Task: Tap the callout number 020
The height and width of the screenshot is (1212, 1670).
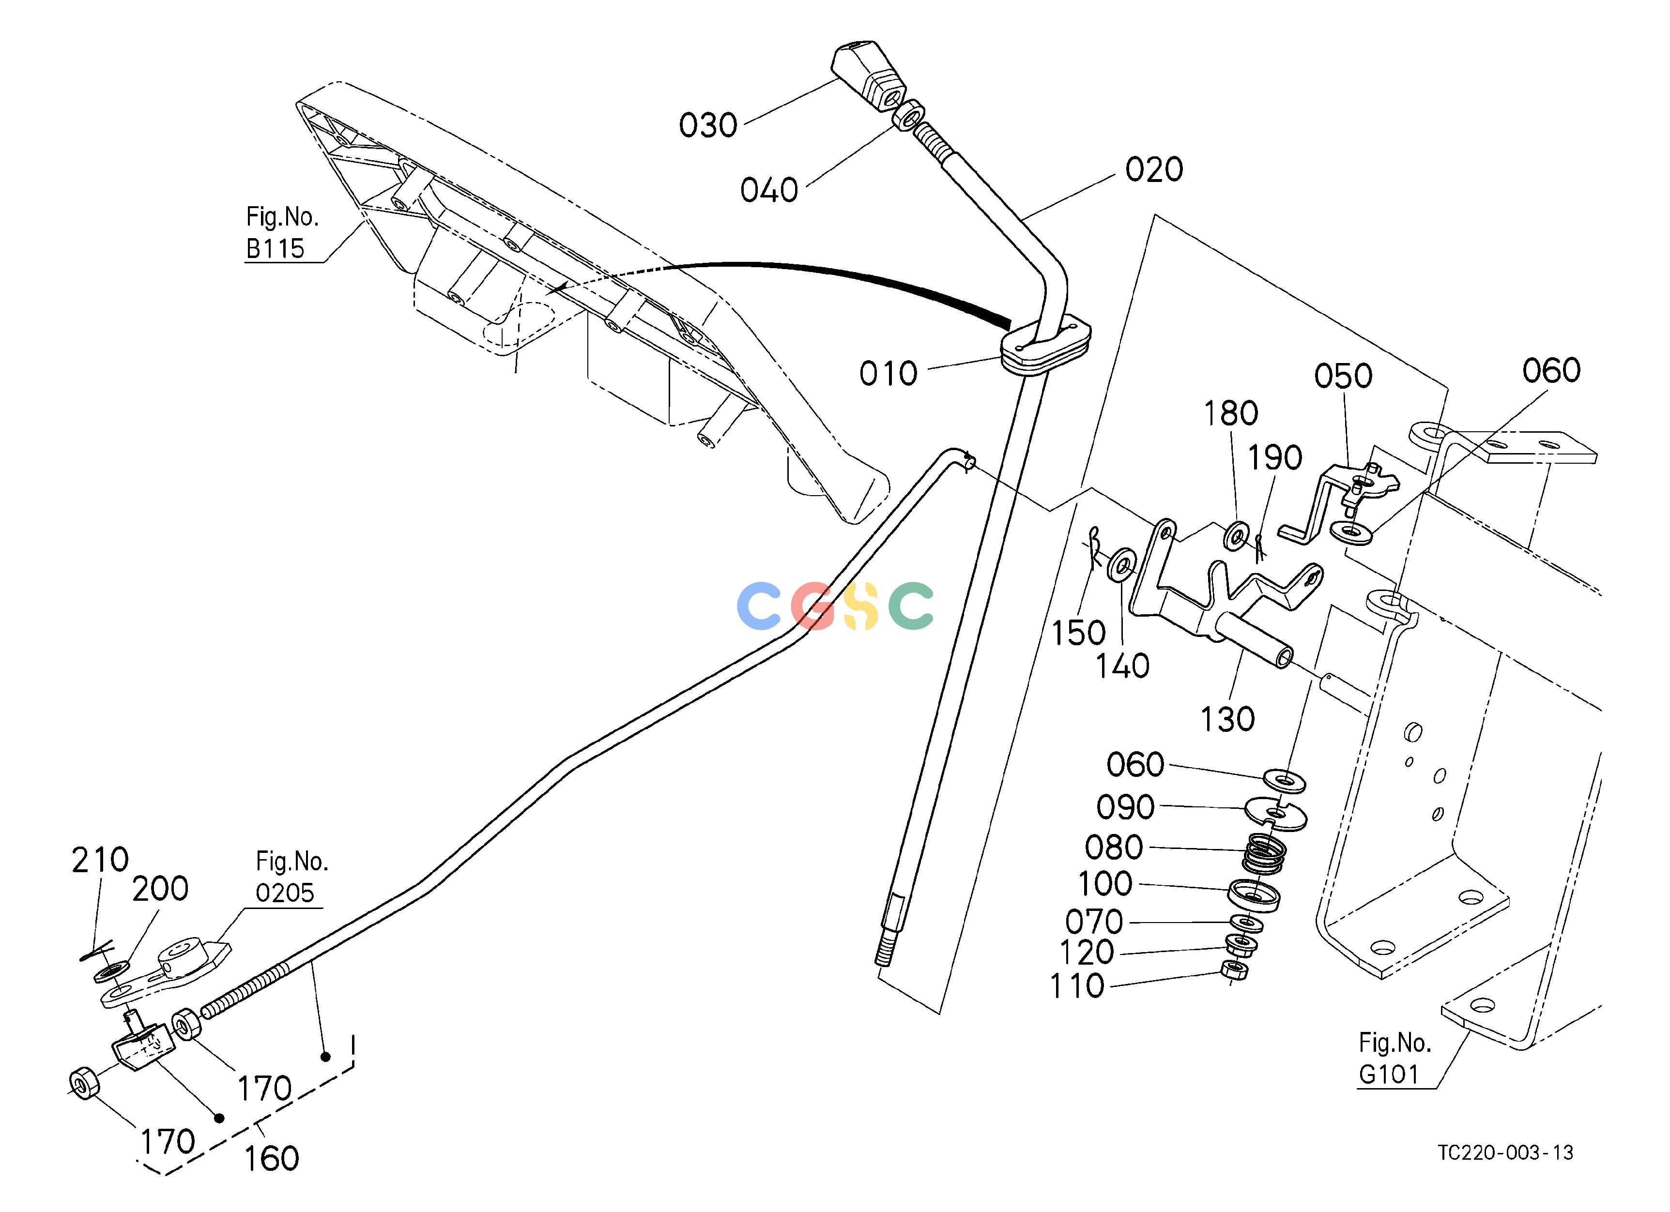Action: click(1154, 170)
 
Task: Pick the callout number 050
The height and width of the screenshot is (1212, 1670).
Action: click(1343, 377)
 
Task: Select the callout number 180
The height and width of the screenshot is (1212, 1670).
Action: click(1230, 414)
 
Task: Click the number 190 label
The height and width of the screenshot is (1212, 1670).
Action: click(1274, 458)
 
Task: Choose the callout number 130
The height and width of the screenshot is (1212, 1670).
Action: click(1227, 719)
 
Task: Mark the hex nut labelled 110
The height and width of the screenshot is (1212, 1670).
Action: click(1234, 970)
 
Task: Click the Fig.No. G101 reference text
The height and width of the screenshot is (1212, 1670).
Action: click(1394, 1059)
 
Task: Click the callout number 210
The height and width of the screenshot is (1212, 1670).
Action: click(99, 860)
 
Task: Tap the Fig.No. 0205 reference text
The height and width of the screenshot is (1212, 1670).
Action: click(291, 877)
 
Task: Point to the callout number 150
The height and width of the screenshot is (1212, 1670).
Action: click(1078, 634)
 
